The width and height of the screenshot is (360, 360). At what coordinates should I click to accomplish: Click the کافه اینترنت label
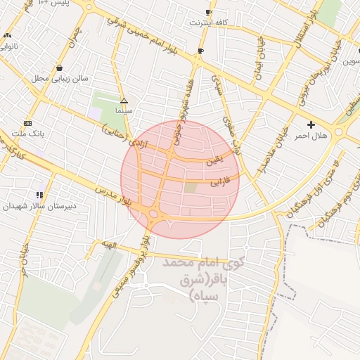pos(208,22)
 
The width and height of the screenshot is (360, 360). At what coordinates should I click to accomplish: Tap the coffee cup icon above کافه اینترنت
pos(208,13)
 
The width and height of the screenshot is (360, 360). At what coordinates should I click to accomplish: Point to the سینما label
pos(124,111)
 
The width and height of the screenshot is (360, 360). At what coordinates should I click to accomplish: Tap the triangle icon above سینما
pos(124,101)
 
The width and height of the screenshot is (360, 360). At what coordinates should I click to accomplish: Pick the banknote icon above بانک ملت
pos(28,122)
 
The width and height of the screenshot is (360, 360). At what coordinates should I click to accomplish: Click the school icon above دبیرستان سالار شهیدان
pos(39,195)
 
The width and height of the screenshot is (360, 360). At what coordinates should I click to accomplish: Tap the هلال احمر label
pos(311,134)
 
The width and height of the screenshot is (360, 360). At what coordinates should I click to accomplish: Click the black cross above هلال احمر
pos(311,124)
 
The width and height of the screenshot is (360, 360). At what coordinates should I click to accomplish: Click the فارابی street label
pos(219,184)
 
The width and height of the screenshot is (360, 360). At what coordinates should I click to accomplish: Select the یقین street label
pos(214,160)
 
